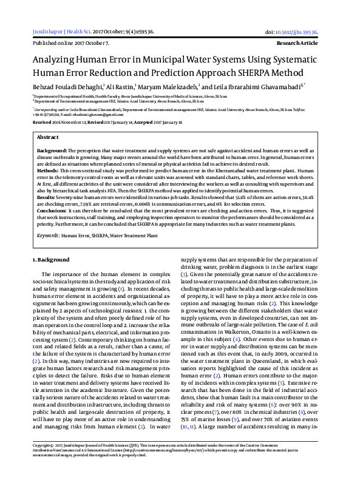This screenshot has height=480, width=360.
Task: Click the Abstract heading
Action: point(48,138)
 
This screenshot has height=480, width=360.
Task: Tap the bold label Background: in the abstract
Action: point(52,149)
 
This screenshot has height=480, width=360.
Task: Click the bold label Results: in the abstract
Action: point(48,197)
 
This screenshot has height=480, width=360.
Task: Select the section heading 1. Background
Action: point(52,260)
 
